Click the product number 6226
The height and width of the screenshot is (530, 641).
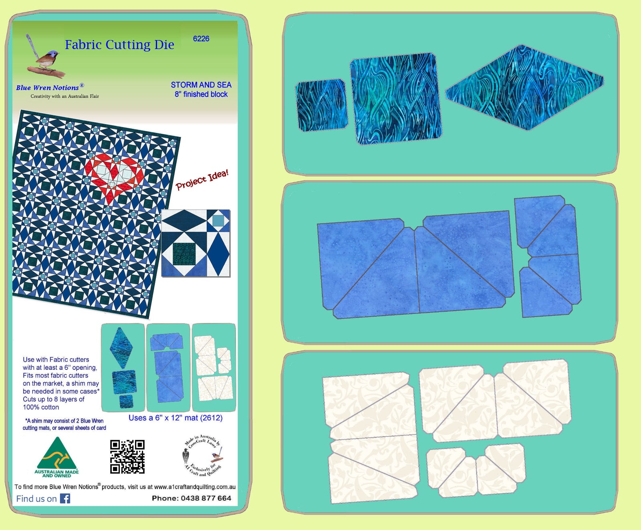[201, 39]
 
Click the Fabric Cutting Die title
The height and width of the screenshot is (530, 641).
[119, 44]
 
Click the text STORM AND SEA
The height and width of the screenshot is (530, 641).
[201, 85]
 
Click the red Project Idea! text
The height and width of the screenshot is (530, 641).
[202, 180]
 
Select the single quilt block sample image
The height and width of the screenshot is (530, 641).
[196, 243]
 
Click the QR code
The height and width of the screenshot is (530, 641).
[127, 457]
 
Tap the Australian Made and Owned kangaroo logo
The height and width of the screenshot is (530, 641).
[57, 457]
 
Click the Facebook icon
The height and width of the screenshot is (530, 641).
[65, 498]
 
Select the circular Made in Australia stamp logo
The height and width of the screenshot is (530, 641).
[202, 456]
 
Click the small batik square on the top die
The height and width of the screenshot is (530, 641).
[321, 105]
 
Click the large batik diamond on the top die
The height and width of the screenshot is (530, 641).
[524, 87]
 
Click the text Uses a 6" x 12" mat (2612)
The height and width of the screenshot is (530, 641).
[175, 418]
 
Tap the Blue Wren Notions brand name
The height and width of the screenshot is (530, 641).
[47, 88]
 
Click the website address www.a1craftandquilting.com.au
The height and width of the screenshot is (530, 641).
[195, 487]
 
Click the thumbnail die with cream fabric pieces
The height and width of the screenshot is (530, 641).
[214, 368]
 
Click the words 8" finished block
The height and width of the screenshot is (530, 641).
[201, 95]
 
